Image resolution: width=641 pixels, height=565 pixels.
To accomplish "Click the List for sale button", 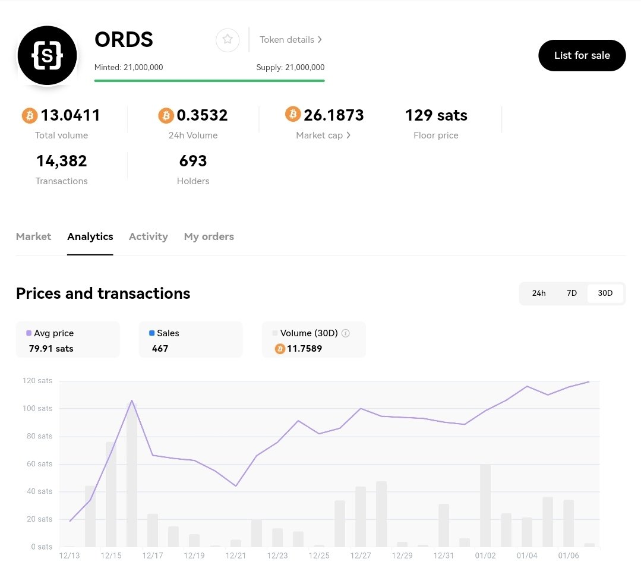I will [x=582, y=55].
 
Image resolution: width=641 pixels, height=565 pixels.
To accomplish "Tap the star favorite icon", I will [x=227, y=40].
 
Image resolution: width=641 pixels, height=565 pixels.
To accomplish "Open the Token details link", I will [x=290, y=40].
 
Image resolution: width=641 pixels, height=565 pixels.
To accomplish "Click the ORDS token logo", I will [x=48, y=55].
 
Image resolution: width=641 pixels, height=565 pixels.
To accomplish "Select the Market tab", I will [x=33, y=236].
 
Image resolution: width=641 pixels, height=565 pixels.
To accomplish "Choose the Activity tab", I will [x=148, y=236].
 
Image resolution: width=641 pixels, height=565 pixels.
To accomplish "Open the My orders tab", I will [x=209, y=236].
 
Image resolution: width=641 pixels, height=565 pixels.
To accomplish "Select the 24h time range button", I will [x=538, y=293].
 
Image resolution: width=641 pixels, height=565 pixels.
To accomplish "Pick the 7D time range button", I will [x=571, y=293].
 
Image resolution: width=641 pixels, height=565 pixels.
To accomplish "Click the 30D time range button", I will [x=605, y=293].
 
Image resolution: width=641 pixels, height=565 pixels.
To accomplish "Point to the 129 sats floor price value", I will [x=435, y=115].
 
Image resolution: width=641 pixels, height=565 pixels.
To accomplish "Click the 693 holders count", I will [x=192, y=161].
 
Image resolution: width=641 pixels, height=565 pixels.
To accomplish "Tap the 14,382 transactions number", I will [x=61, y=161].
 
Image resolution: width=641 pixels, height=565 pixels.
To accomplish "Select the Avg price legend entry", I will [x=53, y=333].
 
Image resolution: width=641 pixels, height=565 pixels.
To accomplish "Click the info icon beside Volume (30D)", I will [x=346, y=333].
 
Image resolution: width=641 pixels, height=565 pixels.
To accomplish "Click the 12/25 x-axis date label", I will [x=319, y=555].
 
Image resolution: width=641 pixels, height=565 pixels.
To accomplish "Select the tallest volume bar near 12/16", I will [x=131, y=475].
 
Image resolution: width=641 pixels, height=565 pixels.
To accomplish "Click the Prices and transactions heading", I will [x=103, y=293].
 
